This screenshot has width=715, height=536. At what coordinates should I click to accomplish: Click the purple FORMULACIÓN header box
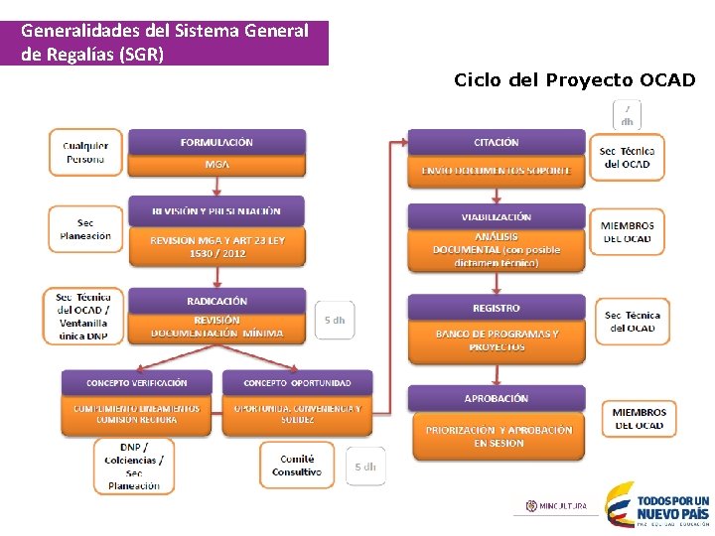(x=216, y=142)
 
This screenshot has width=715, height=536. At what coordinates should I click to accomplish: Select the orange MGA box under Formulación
(x=216, y=165)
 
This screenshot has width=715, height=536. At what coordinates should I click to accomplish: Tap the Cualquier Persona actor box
(x=85, y=153)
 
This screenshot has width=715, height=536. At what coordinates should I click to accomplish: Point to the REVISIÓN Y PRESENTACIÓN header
(x=216, y=210)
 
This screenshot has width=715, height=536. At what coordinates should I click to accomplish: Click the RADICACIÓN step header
(x=216, y=301)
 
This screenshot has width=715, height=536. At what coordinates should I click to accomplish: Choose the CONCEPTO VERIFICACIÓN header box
(x=137, y=382)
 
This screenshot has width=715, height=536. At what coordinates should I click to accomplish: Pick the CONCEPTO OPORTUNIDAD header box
(x=297, y=382)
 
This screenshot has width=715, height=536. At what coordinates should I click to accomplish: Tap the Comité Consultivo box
(x=297, y=466)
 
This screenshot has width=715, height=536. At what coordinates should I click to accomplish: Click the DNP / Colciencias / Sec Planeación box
(x=134, y=466)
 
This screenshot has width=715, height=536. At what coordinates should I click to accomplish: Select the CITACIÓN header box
(x=496, y=142)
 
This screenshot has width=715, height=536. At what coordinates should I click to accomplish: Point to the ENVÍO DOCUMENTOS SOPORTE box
(x=496, y=171)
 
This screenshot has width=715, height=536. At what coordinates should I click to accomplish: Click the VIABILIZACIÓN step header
(x=496, y=216)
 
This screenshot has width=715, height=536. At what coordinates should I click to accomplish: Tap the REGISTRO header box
(x=496, y=308)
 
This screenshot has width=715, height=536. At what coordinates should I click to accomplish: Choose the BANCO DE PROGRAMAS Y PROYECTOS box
(x=496, y=340)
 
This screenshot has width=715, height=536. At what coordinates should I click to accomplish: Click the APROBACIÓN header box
(x=496, y=398)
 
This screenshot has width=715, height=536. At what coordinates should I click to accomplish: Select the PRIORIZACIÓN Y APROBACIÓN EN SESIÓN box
(x=499, y=437)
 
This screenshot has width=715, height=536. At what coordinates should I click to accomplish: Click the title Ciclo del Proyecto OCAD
(x=574, y=79)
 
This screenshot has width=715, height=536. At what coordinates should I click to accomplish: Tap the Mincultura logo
(x=556, y=506)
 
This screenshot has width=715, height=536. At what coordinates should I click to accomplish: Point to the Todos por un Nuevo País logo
(x=657, y=503)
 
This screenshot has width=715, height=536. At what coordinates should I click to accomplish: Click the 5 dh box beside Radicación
(x=335, y=321)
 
